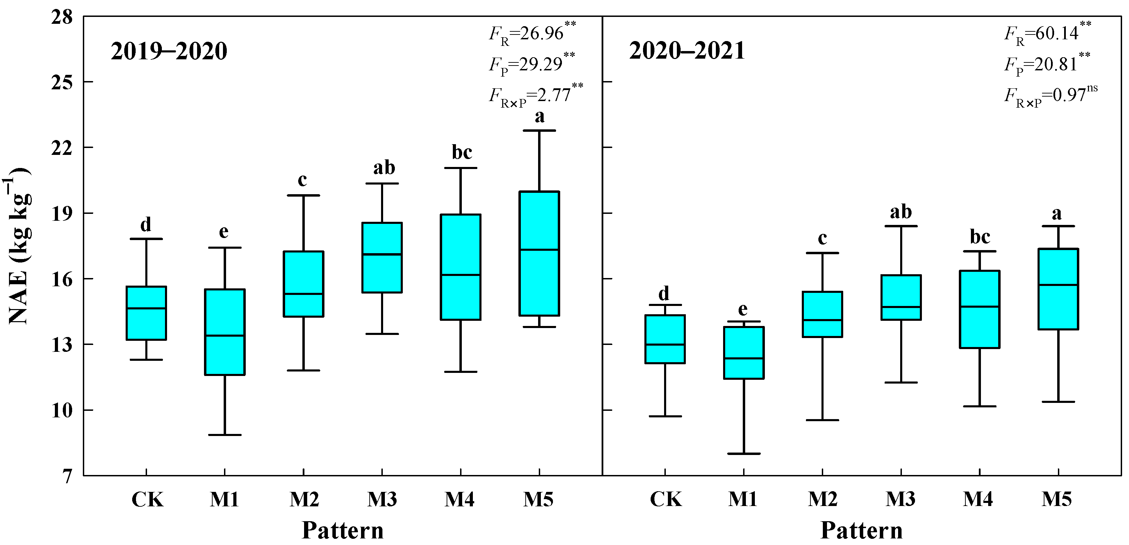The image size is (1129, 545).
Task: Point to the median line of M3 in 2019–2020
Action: [x=382, y=254]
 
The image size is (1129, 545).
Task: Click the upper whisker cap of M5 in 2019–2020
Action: [x=539, y=130]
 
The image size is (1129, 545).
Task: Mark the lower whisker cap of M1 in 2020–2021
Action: [x=744, y=454]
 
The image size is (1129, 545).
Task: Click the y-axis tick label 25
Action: [x=62, y=82]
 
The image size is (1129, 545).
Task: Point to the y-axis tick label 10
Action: [x=62, y=410]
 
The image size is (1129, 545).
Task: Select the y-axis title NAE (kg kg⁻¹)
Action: [x=18, y=245]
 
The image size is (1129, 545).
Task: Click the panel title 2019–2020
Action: [x=169, y=51]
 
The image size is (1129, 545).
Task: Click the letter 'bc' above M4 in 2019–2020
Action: [x=461, y=152]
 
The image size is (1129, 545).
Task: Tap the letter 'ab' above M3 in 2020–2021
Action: [x=901, y=212]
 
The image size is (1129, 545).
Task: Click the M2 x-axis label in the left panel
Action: [x=304, y=499]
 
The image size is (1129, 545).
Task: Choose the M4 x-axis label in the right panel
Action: [x=978, y=499]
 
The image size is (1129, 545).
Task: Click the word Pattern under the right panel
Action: [x=861, y=531]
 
